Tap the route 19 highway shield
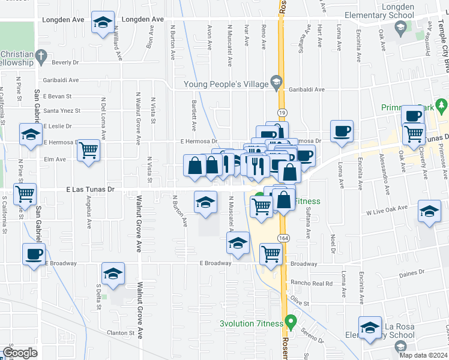point(281,112)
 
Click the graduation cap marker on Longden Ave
point(103,23)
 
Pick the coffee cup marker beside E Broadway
point(33,253)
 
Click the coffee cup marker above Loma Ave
point(342,130)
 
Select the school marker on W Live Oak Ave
point(430,212)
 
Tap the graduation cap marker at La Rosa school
point(370,328)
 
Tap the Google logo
point(20,352)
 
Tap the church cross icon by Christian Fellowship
point(40,57)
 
